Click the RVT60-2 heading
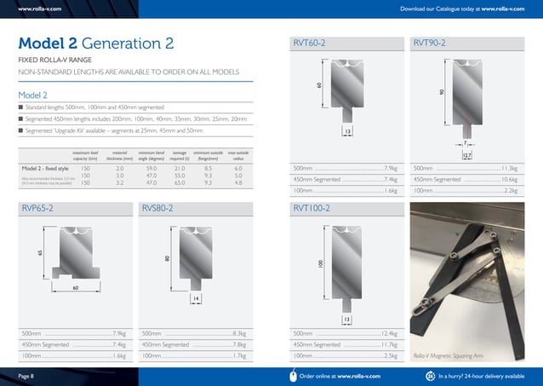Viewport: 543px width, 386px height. (309, 42)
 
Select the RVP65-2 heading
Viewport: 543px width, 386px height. (38, 208)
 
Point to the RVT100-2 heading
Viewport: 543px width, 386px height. (312, 208)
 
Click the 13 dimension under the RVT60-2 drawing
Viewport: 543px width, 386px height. (348, 131)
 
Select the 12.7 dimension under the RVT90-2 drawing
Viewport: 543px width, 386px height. (467, 155)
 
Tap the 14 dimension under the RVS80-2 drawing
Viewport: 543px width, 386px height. (195, 298)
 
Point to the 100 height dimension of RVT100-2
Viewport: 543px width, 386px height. (320, 265)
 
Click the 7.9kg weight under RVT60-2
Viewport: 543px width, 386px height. (392, 168)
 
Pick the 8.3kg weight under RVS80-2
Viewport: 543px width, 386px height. (238, 333)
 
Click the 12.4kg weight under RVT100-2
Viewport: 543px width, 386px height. (390, 333)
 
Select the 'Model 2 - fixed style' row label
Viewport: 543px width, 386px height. (44, 169)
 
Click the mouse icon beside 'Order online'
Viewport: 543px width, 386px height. (293, 376)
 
